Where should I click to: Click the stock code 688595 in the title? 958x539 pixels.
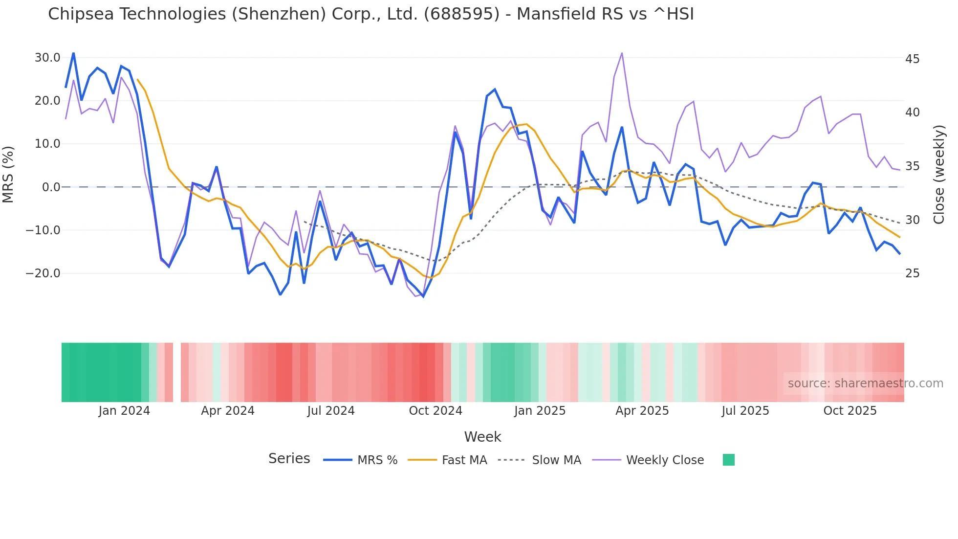click(x=462, y=14)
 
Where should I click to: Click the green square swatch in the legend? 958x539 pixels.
click(x=728, y=460)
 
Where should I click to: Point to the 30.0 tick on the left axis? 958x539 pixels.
click(x=47, y=58)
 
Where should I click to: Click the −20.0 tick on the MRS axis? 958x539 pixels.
click(x=44, y=273)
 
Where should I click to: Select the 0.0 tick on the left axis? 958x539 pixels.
click(x=51, y=187)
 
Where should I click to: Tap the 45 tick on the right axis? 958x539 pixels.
click(x=912, y=59)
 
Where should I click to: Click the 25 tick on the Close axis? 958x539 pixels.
click(x=912, y=273)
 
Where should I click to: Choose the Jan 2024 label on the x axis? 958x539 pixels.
click(x=124, y=411)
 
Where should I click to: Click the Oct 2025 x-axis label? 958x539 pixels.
click(x=850, y=411)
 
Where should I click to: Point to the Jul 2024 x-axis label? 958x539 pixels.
click(x=331, y=411)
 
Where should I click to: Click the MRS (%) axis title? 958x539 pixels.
click(x=8, y=175)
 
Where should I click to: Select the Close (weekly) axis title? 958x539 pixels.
click(x=938, y=175)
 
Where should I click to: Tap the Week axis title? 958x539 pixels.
click(x=482, y=437)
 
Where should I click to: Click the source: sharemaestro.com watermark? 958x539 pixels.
click(x=865, y=383)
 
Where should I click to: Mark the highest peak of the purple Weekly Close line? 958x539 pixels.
click(x=622, y=53)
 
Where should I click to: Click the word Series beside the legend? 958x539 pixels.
click(x=289, y=459)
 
